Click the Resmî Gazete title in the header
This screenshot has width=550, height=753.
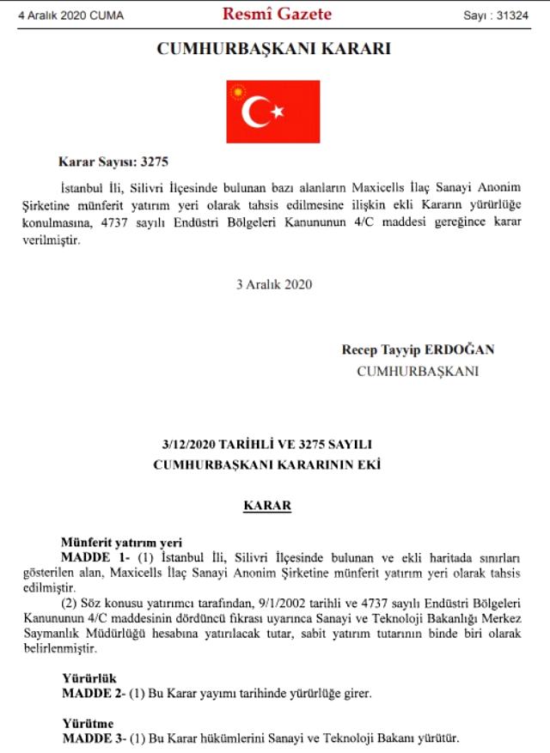pos(277,14)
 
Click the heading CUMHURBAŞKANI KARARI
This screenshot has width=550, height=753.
pos(273,49)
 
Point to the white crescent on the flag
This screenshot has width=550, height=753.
pos(255,112)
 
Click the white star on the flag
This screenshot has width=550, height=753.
pos(277,112)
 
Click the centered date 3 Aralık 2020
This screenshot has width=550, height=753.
pos(274,284)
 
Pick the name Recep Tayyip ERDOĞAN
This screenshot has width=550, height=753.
pos(418,350)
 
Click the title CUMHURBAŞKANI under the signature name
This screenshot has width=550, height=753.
pos(418,372)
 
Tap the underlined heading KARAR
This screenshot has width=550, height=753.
pos(267,506)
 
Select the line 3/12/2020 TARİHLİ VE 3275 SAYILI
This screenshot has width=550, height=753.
pos(267,444)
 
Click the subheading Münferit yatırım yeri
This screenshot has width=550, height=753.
pos(122,542)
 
